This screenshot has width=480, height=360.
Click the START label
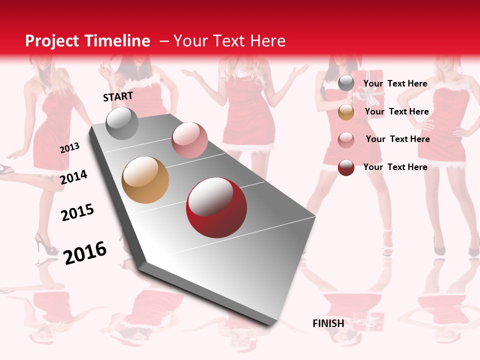tap(118, 96)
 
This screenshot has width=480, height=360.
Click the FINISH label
tap(328, 323)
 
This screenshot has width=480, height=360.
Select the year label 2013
tap(69, 148)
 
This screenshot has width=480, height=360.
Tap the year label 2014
tap(73, 177)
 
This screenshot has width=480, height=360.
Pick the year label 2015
tap(77, 212)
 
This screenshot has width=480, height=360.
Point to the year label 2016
tap(85, 252)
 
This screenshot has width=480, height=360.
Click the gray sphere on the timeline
tap(122, 123)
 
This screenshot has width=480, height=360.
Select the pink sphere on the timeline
tap(189, 140)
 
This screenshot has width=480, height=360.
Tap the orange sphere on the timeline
tap(145, 180)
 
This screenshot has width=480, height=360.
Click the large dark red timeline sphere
tap(216, 207)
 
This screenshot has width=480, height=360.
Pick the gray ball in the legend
tap(346, 83)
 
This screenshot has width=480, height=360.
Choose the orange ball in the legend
tap(346, 112)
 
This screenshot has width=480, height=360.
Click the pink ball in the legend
tap(346, 139)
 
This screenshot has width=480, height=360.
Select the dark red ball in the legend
tap(346, 167)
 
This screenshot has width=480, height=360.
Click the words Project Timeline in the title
tap(87, 41)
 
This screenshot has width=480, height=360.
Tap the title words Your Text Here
tap(229, 41)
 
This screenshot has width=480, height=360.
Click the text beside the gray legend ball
tap(395, 83)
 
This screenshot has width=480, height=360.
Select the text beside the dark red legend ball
tap(395, 167)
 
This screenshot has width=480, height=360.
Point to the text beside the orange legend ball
tap(396, 112)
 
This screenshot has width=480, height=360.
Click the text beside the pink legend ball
tap(397, 139)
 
